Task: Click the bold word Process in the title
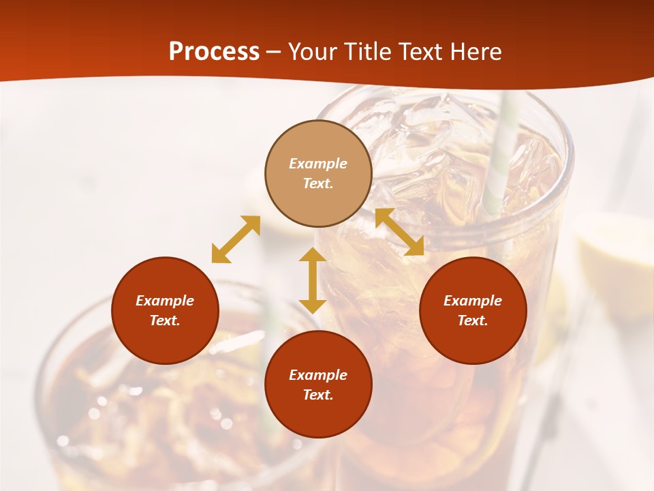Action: point(214,52)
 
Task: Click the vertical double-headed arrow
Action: point(313,280)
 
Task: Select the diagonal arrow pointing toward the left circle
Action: point(236,239)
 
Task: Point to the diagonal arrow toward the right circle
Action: point(399,232)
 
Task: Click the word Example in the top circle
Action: point(318,164)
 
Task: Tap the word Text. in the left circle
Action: point(165,321)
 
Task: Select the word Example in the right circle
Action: point(473,301)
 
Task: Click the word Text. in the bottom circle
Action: point(318,395)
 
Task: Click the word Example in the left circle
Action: point(165,301)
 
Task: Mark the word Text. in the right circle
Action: point(473,321)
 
